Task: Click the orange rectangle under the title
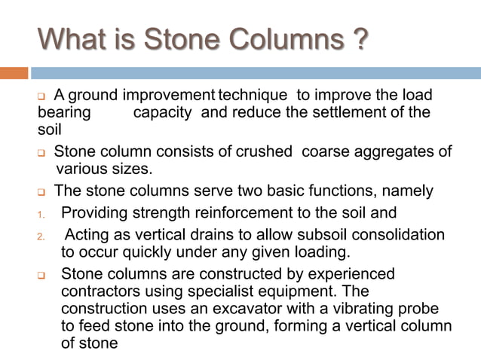tap(14, 73)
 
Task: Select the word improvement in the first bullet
tap(170, 96)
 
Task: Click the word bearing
tap(64, 112)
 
